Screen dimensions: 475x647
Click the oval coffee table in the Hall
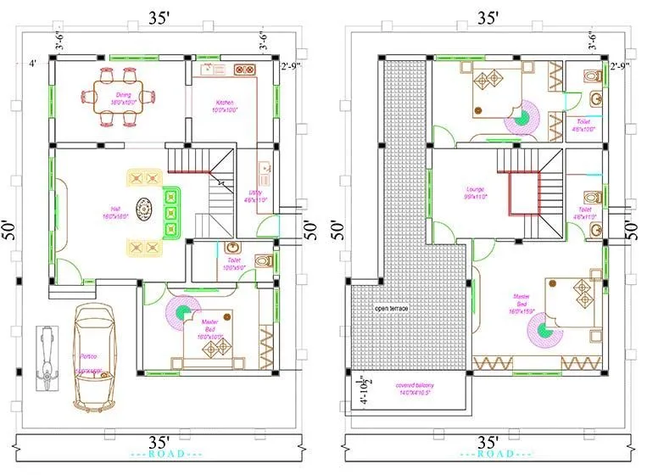(146, 210)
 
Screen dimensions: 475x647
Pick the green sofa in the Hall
(172, 210)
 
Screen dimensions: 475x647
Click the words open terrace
(391, 308)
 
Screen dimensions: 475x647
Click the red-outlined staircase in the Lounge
(524, 193)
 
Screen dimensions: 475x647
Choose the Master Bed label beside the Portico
(209, 329)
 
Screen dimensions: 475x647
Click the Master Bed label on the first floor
(521, 305)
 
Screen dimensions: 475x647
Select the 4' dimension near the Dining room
(32, 63)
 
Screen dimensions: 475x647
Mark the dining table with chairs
(119, 97)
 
